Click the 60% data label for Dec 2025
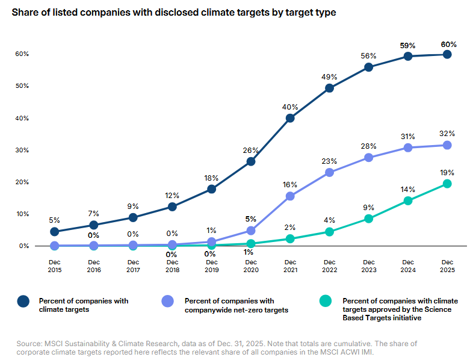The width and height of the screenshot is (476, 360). pyautogui.click(x=448, y=44)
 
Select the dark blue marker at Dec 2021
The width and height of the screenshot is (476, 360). pyautogui.click(x=290, y=118)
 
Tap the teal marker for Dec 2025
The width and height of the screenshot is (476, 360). pyautogui.click(x=447, y=184)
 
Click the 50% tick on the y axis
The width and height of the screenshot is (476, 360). pyautogui.click(x=22, y=86)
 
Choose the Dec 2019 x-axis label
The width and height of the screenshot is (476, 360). pyautogui.click(x=211, y=265)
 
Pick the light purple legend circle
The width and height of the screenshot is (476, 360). pyautogui.click(x=168, y=301)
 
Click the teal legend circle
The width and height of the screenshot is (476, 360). pyautogui.click(x=326, y=301)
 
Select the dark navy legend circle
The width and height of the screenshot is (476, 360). pyautogui.click(x=22, y=301)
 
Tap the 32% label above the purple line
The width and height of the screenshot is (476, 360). pyautogui.click(x=447, y=134)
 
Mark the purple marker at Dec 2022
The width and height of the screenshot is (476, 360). pyautogui.click(x=329, y=172)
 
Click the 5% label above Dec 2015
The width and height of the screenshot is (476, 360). pyautogui.click(x=55, y=220)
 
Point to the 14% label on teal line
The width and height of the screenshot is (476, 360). pyautogui.click(x=408, y=189)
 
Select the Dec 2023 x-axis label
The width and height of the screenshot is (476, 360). pyautogui.click(x=368, y=265)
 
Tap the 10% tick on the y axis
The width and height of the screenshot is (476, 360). pyautogui.click(x=22, y=214)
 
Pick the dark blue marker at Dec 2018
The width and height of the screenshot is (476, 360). pyautogui.click(x=172, y=206)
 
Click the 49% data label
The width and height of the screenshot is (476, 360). pyautogui.click(x=329, y=77)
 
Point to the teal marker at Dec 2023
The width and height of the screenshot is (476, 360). pyautogui.click(x=368, y=219)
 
